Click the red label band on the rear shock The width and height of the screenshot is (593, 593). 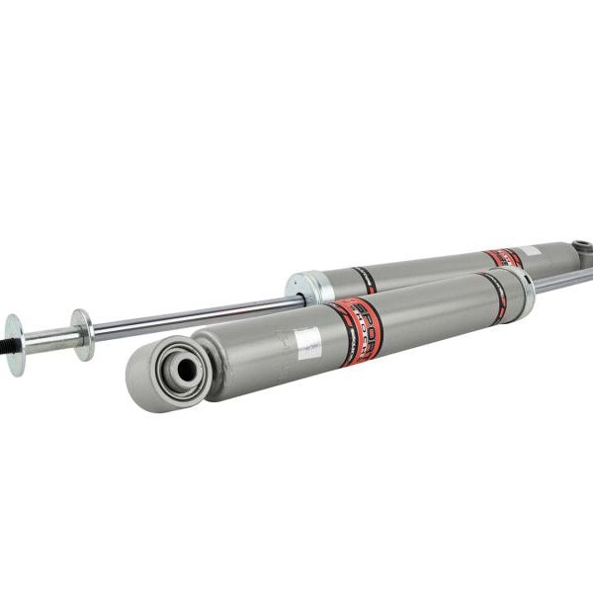coord(503,258)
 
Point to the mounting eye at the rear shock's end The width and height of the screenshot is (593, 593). coord(581,247)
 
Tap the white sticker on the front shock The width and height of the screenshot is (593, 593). coord(308,343)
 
